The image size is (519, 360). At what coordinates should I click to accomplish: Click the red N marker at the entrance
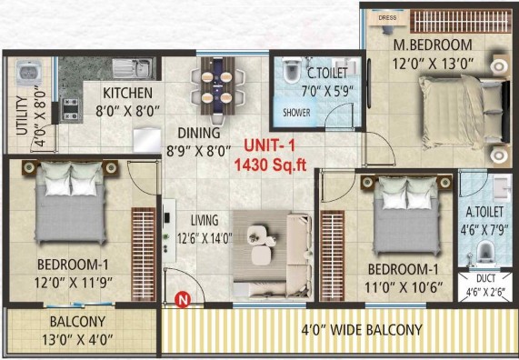click(x=183, y=300)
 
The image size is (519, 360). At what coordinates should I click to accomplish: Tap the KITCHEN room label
click(x=128, y=93)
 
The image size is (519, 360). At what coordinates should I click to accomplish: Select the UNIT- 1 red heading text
click(x=269, y=145)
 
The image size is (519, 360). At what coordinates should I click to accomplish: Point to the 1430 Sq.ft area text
click(x=271, y=165)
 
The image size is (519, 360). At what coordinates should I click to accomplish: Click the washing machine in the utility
click(x=29, y=73)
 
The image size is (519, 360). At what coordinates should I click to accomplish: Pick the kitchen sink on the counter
click(x=133, y=68)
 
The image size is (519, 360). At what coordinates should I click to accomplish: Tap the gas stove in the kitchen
click(x=71, y=108)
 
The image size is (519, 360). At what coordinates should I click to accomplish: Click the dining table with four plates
click(x=217, y=86)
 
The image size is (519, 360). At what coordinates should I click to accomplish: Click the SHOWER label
click(x=296, y=113)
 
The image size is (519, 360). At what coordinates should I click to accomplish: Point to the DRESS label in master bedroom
click(x=387, y=17)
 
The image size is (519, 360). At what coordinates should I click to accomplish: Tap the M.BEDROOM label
click(x=433, y=45)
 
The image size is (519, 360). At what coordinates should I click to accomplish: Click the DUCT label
click(x=486, y=278)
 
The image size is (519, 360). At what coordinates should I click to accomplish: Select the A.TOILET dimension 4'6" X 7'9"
click(x=484, y=229)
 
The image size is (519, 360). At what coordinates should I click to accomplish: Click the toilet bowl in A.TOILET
click(x=484, y=251)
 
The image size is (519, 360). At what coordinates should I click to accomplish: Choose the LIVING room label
click(x=205, y=220)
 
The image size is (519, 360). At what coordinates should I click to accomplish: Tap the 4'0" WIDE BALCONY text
click(x=362, y=330)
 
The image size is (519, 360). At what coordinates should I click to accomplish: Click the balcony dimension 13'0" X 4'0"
click(x=77, y=340)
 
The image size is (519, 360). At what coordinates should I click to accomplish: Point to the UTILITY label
click(x=22, y=115)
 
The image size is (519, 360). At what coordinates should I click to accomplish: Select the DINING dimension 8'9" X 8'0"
click(x=199, y=151)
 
